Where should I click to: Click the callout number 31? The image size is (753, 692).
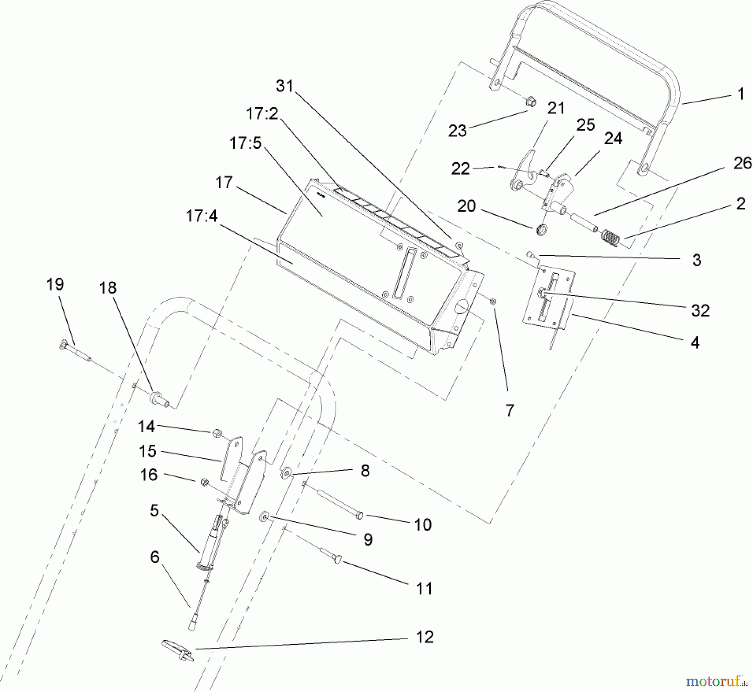tap(285, 86)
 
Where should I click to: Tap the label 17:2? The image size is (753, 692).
tap(262, 113)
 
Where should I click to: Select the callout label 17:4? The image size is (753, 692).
tap(202, 216)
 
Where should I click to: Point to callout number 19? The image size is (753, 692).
tap(55, 284)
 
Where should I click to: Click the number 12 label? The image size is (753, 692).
tap(425, 637)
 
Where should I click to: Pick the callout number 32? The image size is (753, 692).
tap(700, 311)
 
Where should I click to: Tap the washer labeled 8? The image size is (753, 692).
tap(287, 473)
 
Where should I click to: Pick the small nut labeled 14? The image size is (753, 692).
tap(217, 432)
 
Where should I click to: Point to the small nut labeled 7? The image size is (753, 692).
tap(493, 301)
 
